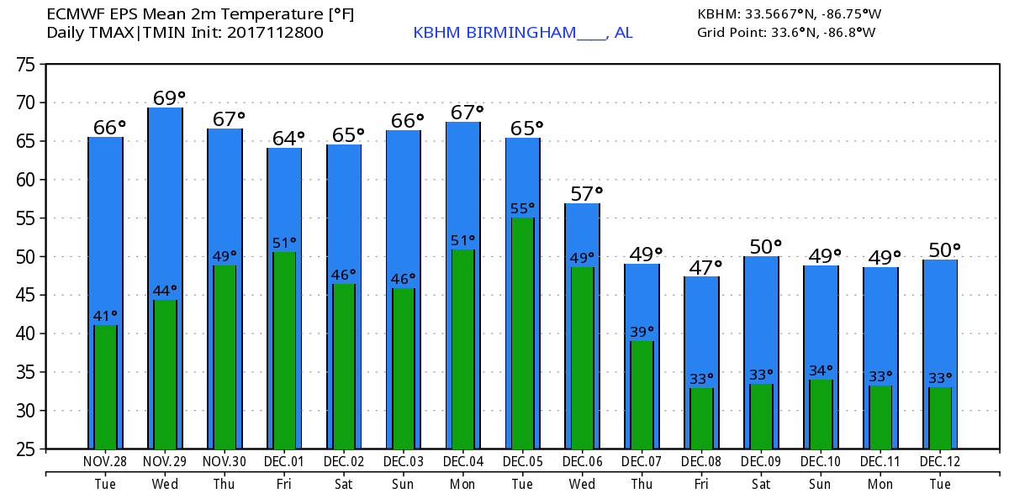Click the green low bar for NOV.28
tap(106, 386)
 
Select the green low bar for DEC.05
tap(522, 333)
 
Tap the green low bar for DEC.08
tap(701, 417)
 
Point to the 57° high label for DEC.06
tap(586, 194)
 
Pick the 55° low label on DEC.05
tap(522, 208)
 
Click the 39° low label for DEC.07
tap(642, 332)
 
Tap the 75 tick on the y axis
tap(27, 64)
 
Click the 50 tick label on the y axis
tap(27, 256)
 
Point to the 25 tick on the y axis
tap(27, 449)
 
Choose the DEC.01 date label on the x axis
tap(284, 462)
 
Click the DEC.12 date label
tap(940, 462)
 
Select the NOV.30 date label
tap(225, 462)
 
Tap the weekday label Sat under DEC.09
tap(761, 485)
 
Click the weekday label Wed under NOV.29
tap(165, 485)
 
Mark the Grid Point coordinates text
tap(786, 33)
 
